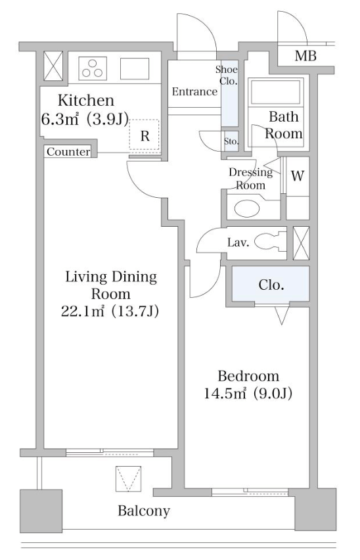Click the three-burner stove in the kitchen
[93, 68]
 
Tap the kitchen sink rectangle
[135, 68]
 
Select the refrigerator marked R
[144, 135]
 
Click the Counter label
[68, 152]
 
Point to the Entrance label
[194, 92]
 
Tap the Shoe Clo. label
[227, 75]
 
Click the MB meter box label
[305, 56]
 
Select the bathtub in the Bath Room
[276, 92]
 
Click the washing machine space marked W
[298, 175]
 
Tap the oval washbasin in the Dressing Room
[246, 208]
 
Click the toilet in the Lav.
[270, 241]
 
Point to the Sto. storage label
[231, 141]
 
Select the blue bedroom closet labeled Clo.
[271, 285]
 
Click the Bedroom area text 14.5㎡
[225, 393]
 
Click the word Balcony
[144, 511]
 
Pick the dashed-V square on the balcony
[129, 478]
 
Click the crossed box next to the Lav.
[301, 243]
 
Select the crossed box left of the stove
[53, 66]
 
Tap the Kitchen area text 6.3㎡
[60, 119]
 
